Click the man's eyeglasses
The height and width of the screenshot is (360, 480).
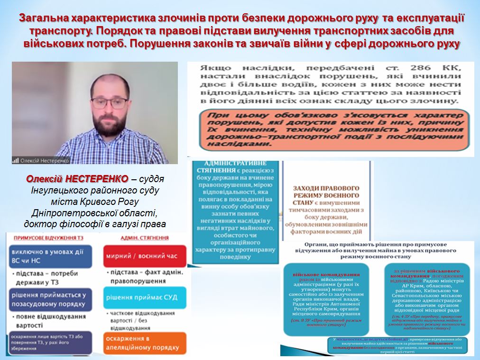109,102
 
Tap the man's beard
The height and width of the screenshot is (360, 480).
110,125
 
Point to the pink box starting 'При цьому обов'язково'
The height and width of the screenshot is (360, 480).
330,129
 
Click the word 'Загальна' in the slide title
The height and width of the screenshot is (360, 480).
44,18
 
